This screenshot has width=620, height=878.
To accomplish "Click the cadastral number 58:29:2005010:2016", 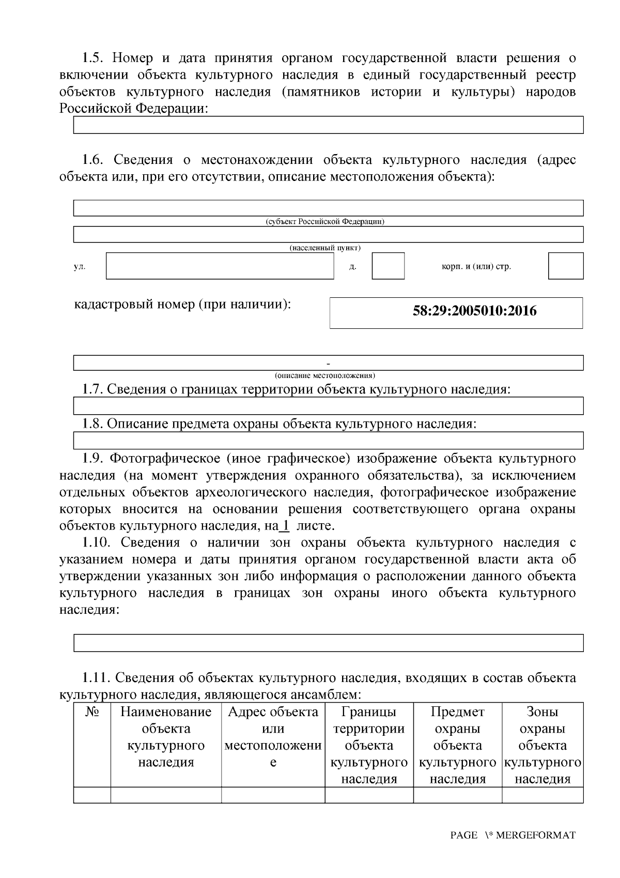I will tap(474, 311).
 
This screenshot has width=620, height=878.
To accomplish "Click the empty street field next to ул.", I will tap(220, 266).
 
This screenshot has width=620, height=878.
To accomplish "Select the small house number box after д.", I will tap(388, 266).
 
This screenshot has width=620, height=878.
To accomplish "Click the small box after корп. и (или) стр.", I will tap(565, 266).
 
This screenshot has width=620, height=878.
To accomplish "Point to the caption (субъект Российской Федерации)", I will tap(325, 222).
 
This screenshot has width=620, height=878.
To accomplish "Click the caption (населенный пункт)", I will tap(325, 248).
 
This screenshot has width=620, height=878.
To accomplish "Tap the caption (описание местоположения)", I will tap(325, 375).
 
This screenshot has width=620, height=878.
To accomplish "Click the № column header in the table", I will tap(92, 713).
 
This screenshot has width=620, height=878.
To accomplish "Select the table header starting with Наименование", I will tap(166, 737).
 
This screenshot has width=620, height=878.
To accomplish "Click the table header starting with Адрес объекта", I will tap(273, 737).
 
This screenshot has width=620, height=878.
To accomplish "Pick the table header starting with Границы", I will tap(369, 745).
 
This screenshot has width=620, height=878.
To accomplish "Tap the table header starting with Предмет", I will tap(458, 745).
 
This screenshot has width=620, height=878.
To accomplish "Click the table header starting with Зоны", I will tap(542, 745).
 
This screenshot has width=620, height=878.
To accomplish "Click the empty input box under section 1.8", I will tap(328, 441).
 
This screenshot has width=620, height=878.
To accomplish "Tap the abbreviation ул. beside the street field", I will tap(80, 267).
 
